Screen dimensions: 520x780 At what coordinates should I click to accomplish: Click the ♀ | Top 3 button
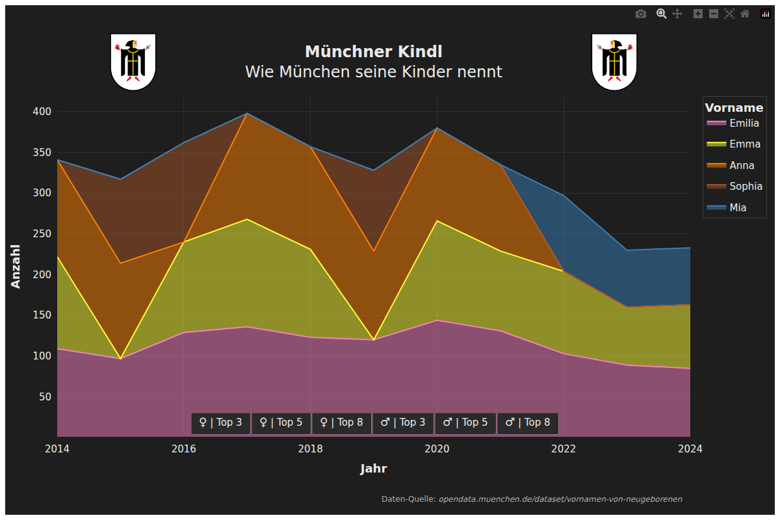tap(220, 422)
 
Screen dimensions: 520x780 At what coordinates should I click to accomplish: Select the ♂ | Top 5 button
tap(465, 422)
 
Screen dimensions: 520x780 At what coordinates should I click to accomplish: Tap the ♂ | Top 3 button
tap(402, 422)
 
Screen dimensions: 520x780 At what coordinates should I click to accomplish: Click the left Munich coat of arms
tap(133, 62)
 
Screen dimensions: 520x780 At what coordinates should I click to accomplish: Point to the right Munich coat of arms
tap(614, 62)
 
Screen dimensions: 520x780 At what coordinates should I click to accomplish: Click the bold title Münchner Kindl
tap(374, 52)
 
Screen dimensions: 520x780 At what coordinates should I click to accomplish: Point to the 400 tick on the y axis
tap(42, 112)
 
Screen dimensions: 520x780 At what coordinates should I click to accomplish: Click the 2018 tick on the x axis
tap(310, 448)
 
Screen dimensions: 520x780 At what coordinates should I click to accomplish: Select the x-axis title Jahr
tap(374, 469)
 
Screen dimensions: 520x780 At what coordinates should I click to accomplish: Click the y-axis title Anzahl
tap(16, 266)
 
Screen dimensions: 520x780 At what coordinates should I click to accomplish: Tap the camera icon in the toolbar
tap(641, 14)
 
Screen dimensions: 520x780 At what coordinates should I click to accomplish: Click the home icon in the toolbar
tap(745, 14)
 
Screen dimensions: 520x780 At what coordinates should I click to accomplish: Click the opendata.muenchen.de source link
tap(560, 499)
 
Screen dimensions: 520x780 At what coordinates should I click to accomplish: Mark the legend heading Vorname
tap(734, 108)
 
